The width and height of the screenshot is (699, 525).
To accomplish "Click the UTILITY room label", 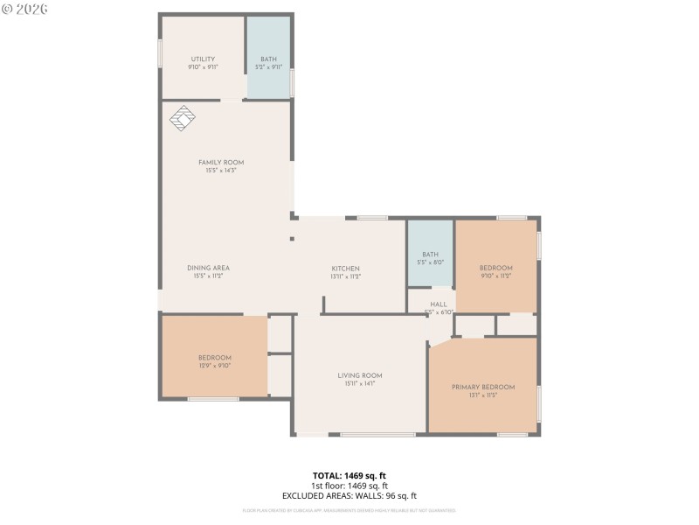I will pyautogui.click(x=203, y=59).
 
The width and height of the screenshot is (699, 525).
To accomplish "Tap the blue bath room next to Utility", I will pyautogui.click(x=268, y=58).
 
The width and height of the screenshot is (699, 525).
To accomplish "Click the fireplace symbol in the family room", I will pyautogui.click(x=182, y=118).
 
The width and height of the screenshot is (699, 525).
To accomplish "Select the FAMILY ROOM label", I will pyautogui.click(x=221, y=163).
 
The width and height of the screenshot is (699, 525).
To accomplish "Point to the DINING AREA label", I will pyautogui.click(x=208, y=268).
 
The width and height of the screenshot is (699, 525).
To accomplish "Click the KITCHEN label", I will pyautogui.click(x=345, y=269).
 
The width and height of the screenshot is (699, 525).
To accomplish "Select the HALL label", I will pyautogui.click(x=439, y=304).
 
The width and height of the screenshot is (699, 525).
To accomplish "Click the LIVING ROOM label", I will pyautogui.click(x=360, y=375).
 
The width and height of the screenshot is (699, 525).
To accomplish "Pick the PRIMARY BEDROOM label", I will pyautogui.click(x=483, y=387).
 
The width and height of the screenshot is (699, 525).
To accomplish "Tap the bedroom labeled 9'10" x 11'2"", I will pyautogui.click(x=495, y=268).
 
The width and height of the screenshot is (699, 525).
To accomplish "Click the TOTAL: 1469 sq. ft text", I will pyautogui.click(x=349, y=475).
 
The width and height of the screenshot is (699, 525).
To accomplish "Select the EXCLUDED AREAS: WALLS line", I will pyautogui.click(x=349, y=495).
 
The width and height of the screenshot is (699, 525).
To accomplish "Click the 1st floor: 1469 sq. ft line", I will pyautogui.click(x=349, y=486).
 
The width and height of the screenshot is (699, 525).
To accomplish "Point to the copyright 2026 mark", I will pyautogui.click(x=25, y=9).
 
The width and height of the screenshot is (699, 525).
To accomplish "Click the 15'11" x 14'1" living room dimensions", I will pyautogui.click(x=360, y=383).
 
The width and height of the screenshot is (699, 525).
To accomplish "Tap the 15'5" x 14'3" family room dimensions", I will pyautogui.click(x=221, y=171).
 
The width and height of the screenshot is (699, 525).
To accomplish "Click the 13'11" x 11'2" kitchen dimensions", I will pyautogui.click(x=345, y=276).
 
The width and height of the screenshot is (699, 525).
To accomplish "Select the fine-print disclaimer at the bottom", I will pyautogui.click(x=349, y=510).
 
